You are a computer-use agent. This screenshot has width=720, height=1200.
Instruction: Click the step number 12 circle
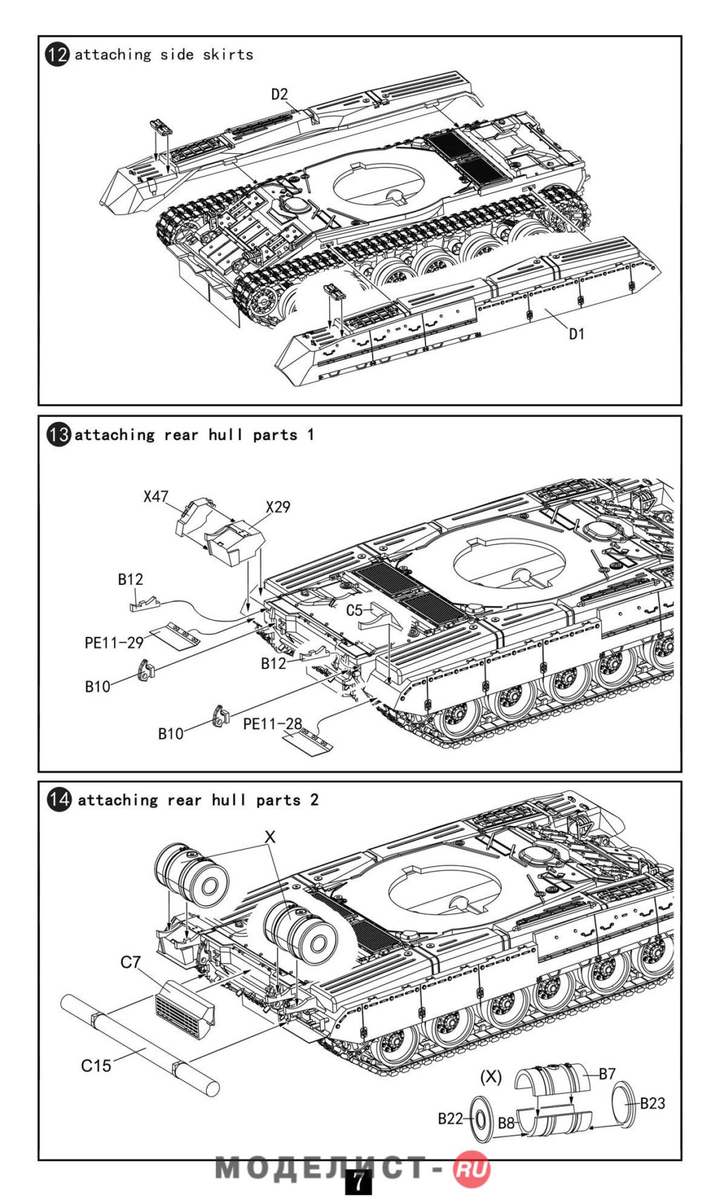point(58,55)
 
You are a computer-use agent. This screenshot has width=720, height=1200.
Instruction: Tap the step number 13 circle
point(59,434)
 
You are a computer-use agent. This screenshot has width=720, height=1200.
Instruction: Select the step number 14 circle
point(59,800)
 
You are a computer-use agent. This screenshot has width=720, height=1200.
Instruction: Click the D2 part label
point(280,94)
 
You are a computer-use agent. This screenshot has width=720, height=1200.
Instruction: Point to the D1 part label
point(577,334)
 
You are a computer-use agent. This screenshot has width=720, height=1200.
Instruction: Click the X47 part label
point(156,496)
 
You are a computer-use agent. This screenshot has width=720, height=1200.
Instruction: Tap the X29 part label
point(278,507)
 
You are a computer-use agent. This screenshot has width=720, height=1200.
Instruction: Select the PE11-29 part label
point(114,643)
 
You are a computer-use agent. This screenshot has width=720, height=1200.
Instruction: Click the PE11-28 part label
point(272,724)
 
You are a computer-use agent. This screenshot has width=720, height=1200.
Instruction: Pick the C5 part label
point(354,610)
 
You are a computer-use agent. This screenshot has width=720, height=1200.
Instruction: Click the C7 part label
point(131,962)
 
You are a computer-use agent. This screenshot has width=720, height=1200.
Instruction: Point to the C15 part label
point(96,1066)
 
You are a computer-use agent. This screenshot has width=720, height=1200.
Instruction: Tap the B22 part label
point(450,1118)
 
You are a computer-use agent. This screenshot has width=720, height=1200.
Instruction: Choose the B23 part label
point(652,1103)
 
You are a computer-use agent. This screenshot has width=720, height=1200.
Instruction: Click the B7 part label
point(607,1073)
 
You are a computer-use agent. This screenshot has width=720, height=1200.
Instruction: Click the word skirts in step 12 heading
point(228,55)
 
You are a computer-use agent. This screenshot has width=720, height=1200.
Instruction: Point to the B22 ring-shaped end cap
point(480,1119)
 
